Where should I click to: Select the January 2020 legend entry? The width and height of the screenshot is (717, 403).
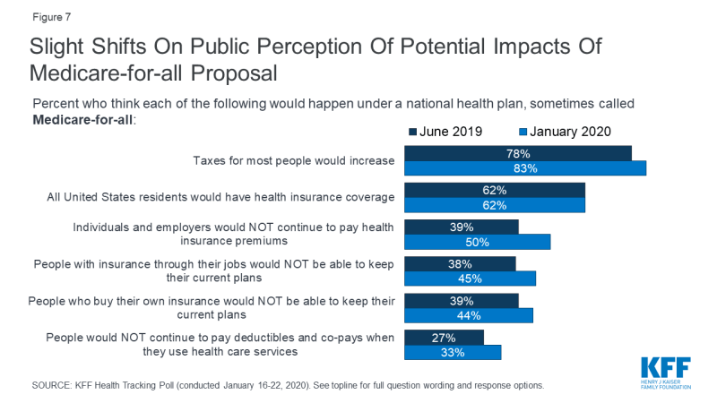(565, 132)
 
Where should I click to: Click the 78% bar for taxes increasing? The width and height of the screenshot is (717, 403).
(518, 153)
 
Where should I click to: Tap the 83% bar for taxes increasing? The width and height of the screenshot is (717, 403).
(525, 168)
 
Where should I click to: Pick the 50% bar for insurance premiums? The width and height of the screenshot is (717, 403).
(478, 242)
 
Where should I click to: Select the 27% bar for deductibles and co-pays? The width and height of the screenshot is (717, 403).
(445, 338)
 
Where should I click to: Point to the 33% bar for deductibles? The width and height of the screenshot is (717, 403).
(454, 353)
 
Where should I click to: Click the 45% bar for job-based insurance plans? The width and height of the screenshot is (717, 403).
(471, 279)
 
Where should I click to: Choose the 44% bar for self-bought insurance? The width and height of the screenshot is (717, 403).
(469, 315)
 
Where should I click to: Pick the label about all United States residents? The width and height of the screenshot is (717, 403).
(220, 197)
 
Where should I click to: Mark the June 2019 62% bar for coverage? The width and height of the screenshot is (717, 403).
(495, 190)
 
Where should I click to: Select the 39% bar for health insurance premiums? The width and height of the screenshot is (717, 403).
(462, 227)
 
